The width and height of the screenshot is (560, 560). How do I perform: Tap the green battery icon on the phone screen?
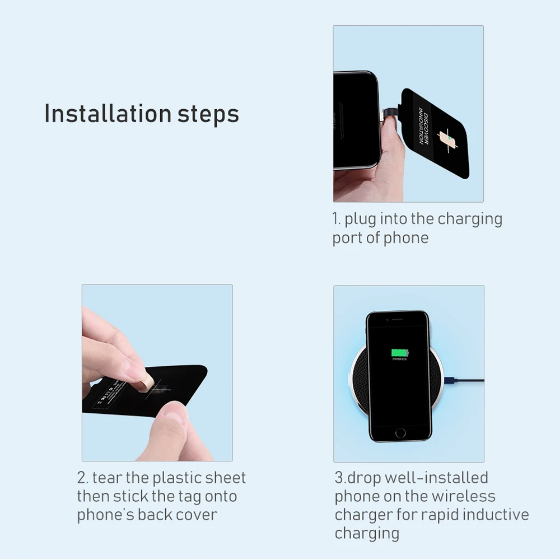click(399, 353)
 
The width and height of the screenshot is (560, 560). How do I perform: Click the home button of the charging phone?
click(400, 432)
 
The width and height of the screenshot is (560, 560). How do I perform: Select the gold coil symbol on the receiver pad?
click(447, 138)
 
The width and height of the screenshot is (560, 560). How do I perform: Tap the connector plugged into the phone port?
click(388, 114)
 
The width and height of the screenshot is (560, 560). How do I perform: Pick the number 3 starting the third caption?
click(339, 478)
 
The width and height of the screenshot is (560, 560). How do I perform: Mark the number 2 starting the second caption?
click(82, 478)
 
